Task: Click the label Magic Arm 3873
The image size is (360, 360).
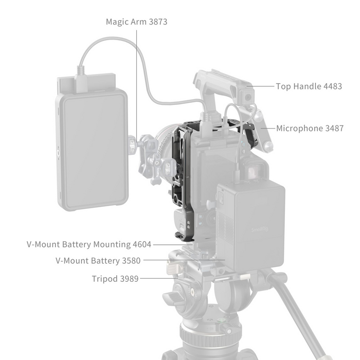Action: [136, 22]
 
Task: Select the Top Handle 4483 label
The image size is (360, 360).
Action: [309, 86]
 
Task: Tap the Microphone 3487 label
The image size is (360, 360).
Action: [310, 129]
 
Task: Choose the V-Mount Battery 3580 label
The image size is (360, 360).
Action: [98, 261]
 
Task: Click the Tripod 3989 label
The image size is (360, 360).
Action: [116, 279]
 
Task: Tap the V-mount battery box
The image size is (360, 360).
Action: [251, 226]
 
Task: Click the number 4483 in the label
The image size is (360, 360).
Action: [332, 86]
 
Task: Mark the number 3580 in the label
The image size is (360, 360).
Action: [131, 261]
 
